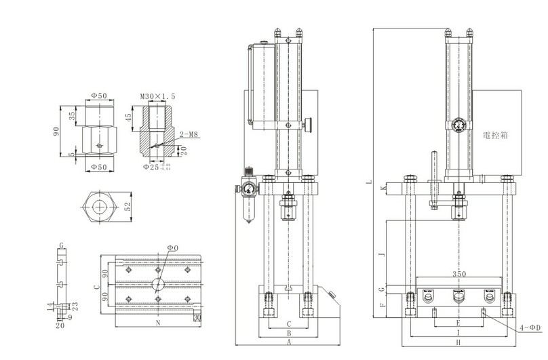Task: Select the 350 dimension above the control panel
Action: [458, 275]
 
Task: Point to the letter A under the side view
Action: [289, 344]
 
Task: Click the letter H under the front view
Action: [458, 344]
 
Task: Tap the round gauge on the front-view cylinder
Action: [459, 125]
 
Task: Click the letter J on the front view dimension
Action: [383, 254]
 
